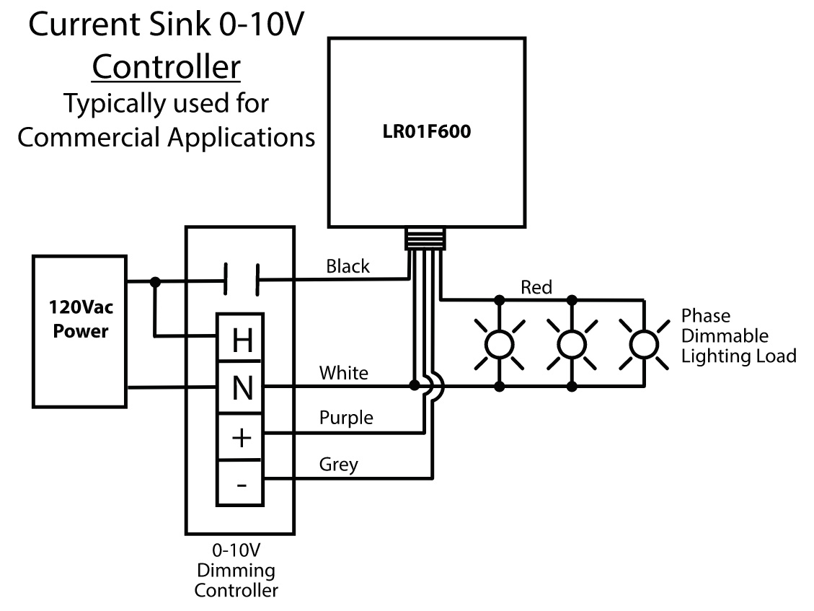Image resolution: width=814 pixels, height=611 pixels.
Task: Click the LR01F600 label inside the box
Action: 426,131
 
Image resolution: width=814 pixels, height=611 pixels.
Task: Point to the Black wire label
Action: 348,266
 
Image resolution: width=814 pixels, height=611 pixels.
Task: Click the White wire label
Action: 344,373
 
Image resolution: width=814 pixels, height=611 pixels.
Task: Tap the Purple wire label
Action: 346,418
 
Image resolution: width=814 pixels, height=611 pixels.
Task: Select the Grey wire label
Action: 338,464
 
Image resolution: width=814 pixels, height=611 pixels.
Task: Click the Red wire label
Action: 536,287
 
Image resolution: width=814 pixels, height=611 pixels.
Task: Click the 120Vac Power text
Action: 81,319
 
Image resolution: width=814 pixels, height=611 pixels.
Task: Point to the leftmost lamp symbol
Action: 500,345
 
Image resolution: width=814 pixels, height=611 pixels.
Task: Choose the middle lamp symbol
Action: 572,345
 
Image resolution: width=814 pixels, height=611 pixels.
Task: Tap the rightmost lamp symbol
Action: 645,345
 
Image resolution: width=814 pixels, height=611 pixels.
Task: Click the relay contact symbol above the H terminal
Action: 242,280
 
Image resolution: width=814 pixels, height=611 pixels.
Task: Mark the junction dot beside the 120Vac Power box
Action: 155,281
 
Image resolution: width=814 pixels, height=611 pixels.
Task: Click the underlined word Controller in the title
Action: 166,67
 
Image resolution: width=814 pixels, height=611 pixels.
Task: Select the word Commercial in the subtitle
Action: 88,138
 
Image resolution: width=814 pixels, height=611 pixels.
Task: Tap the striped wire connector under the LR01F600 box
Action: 425,239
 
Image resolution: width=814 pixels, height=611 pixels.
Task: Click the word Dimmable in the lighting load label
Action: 725,335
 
